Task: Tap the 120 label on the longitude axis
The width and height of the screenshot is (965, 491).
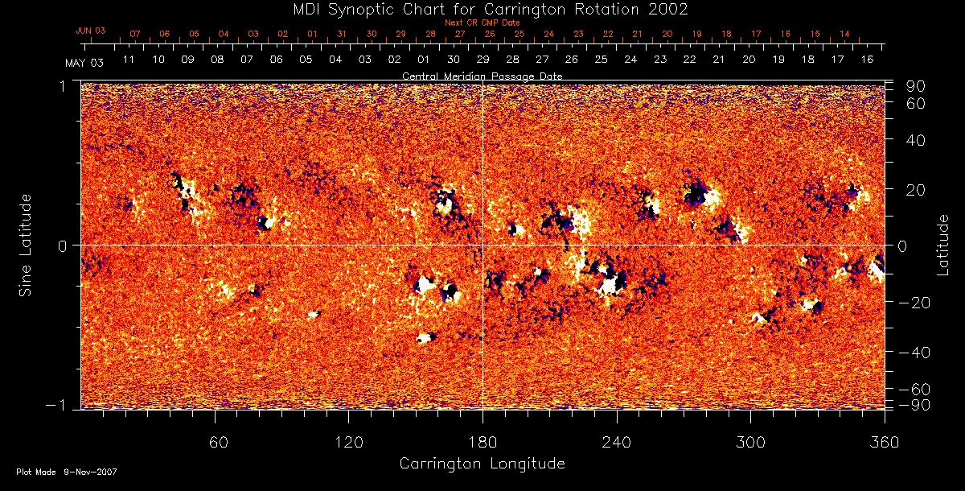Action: point(348,442)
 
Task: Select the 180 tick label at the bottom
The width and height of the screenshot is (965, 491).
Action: point(482,442)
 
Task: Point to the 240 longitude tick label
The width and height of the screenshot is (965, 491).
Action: point(616,442)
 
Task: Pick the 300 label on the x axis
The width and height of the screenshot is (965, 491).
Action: point(749,442)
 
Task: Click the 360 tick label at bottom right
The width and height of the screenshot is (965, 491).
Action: point(884,442)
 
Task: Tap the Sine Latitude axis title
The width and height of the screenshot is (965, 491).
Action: point(27,244)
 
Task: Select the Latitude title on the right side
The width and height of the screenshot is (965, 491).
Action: point(943,245)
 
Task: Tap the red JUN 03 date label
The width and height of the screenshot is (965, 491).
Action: point(91,31)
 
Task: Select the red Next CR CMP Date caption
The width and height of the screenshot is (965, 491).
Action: point(482,23)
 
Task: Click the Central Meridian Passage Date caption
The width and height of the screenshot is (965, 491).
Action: point(482,76)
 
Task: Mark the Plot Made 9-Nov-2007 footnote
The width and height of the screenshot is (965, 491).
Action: point(67,472)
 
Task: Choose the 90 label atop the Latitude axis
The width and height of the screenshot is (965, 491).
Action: point(917,86)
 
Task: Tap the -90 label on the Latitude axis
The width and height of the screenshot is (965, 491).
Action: point(913,404)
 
